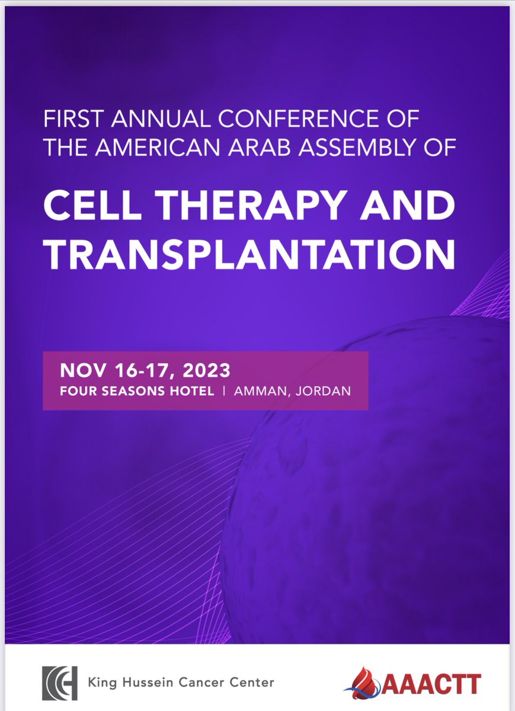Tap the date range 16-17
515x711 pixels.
(134, 371)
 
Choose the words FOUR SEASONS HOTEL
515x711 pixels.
(136, 392)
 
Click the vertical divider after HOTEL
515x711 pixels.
(224, 392)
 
